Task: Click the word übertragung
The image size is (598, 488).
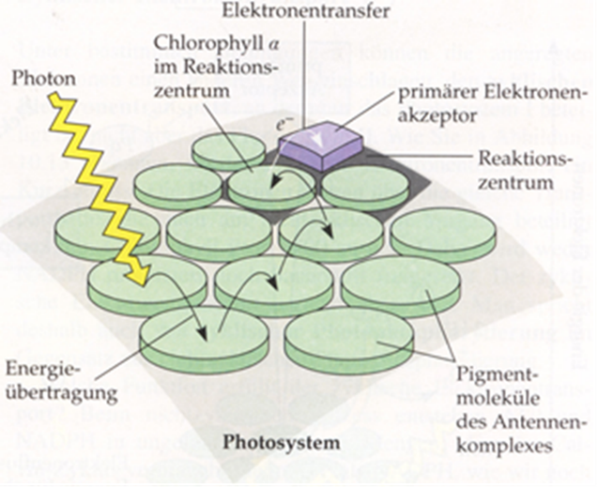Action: [x=56, y=388]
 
